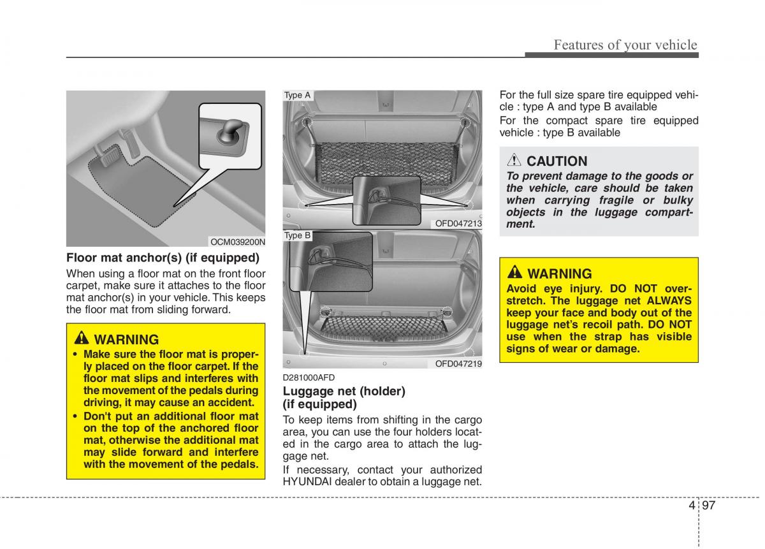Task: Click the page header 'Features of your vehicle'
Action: (625, 45)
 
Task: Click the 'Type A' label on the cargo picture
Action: (297, 96)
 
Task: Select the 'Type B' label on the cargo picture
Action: (297, 235)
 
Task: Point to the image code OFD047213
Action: (458, 223)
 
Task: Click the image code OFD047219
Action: (458, 363)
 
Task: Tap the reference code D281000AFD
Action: (309, 378)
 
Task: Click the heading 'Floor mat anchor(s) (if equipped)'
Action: (163, 258)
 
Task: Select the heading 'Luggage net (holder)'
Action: (344, 391)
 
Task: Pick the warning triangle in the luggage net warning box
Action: (515, 274)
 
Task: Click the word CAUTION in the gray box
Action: (557, 161)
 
